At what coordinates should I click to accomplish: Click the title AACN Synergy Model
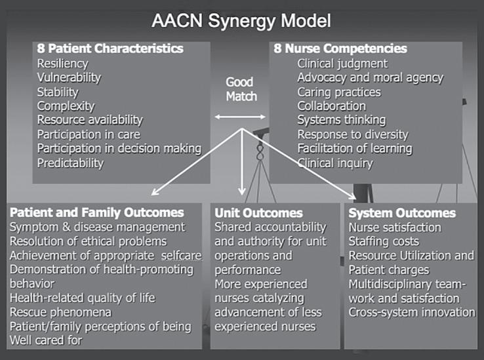click(241, 20)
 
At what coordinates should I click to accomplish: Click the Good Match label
click(241, 89)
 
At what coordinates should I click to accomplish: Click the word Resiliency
click(63, 64)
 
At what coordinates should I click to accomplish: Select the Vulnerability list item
click(69, 77)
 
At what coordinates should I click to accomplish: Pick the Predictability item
click(70, 163)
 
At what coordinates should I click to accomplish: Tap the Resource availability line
click(90, 120)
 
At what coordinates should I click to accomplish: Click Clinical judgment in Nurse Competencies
click(342, 64)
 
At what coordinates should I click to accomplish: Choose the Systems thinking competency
click(342, 120)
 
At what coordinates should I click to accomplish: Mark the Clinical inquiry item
click(334, 163)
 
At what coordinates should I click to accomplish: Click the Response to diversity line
click(352, 134)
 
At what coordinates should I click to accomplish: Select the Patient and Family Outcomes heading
click(96, 212)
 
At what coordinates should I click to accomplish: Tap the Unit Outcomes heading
click(258, 212)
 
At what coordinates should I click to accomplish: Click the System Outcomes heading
click(401, 212)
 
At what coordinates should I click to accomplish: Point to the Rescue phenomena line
click(60, 312)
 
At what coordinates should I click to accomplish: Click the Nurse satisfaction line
click(395, 227)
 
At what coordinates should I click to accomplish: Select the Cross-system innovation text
click(411, 312)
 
